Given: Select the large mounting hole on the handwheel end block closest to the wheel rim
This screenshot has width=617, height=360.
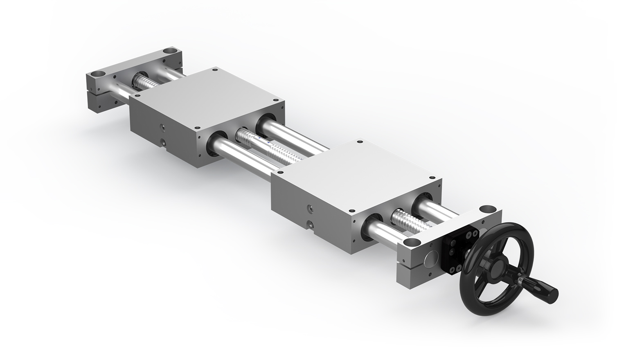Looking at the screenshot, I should [488, 209].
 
